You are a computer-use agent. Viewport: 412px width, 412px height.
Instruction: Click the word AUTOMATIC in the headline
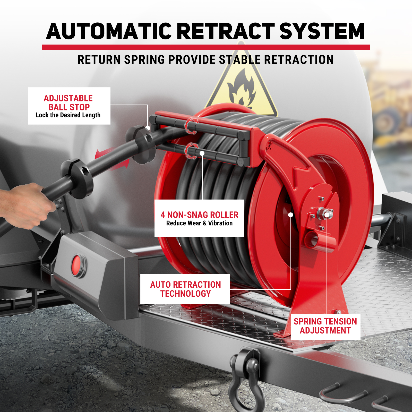pos(109,31)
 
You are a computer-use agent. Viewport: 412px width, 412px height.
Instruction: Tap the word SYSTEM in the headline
pos(322,31)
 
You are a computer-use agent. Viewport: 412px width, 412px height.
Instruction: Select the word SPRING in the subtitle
pos(144,60)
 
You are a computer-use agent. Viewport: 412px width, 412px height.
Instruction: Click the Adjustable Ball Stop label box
pos(69,106)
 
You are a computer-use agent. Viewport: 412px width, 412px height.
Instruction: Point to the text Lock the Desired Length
pos(68,115)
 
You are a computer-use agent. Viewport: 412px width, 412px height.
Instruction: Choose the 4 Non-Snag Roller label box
pos(199,218)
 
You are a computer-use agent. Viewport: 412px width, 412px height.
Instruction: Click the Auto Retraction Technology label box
pos(185,289)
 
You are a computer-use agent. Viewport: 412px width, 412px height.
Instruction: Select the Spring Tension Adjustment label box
pos(325,326)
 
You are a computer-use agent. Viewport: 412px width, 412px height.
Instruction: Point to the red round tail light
pos(77,265)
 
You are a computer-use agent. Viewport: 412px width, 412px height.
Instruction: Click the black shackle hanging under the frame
pos(246,379)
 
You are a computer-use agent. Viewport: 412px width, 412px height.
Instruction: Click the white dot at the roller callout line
pos(202,153)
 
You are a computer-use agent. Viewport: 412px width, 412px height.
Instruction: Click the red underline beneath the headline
pos(206,47)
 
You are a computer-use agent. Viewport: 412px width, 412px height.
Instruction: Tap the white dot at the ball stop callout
pos(148,128)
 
